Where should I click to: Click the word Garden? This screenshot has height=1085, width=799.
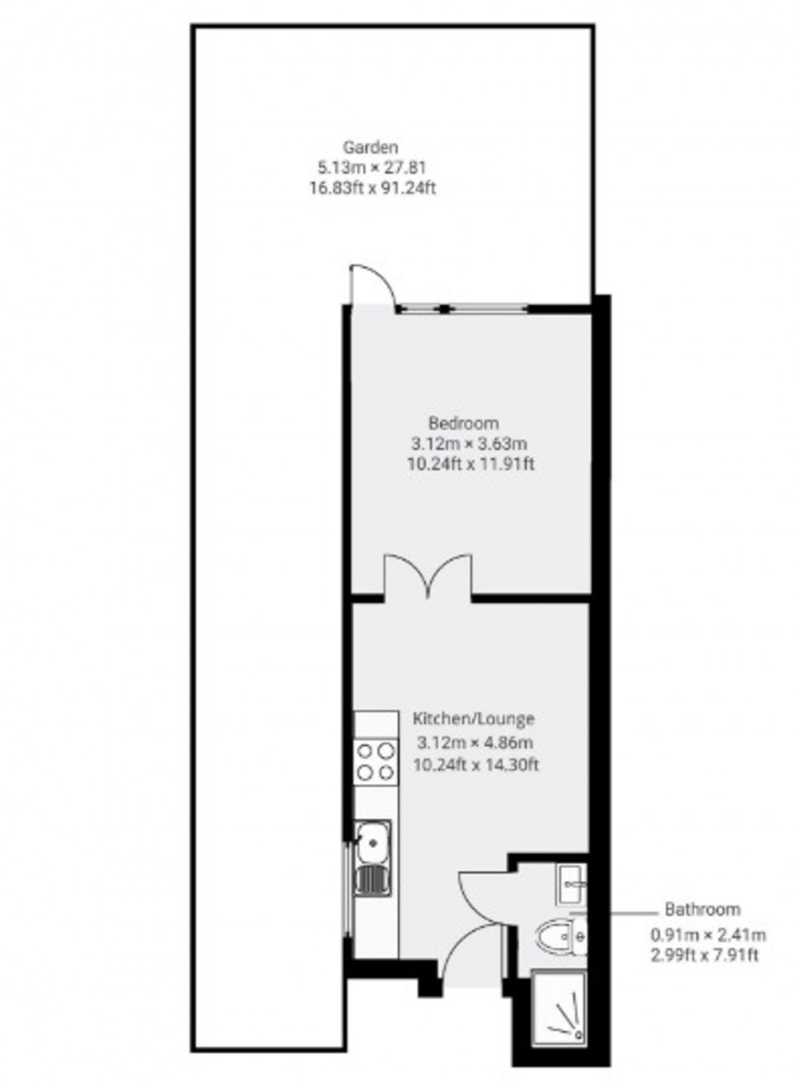click(371, 148)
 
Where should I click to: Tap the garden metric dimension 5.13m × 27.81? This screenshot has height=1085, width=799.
click(372, 168)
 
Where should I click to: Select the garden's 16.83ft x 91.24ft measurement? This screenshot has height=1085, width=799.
click(373, 187)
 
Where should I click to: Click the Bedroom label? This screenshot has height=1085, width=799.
click(464, 423)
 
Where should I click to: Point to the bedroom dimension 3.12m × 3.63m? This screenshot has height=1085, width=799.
click(469, 443)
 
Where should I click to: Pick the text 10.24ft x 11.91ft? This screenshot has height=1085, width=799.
click(470, 464)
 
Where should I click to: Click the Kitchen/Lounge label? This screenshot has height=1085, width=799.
click(474, 718)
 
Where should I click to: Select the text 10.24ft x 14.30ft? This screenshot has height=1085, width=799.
click(476, 765)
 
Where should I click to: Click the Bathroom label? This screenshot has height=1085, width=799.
click(703, 909)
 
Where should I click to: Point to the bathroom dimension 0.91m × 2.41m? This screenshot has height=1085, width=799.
click(708, 935)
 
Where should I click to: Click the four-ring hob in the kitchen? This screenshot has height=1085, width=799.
click(376, 761)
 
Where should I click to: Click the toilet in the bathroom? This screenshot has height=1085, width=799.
click(562, 937)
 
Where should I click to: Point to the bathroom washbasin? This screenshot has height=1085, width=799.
click(572, 884)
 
